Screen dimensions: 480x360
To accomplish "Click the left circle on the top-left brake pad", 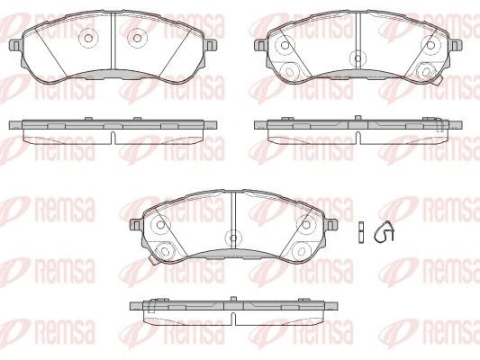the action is coord(88,38).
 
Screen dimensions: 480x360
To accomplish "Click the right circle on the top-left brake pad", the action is coord(138,38).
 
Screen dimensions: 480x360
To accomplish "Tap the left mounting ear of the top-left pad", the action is coord(16,46).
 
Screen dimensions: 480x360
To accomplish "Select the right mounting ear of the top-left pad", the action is coord(211,46).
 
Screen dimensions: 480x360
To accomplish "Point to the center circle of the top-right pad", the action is coord(358,58).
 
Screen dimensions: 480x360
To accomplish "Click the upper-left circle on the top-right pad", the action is coord(285,45).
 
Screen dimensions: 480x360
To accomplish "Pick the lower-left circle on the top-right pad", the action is coord(288,71).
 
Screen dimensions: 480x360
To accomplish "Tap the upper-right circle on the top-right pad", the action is coord(430,45).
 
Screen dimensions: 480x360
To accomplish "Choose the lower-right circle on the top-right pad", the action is coord(426,71).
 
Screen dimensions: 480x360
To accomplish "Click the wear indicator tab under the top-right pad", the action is coord(439,80).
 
